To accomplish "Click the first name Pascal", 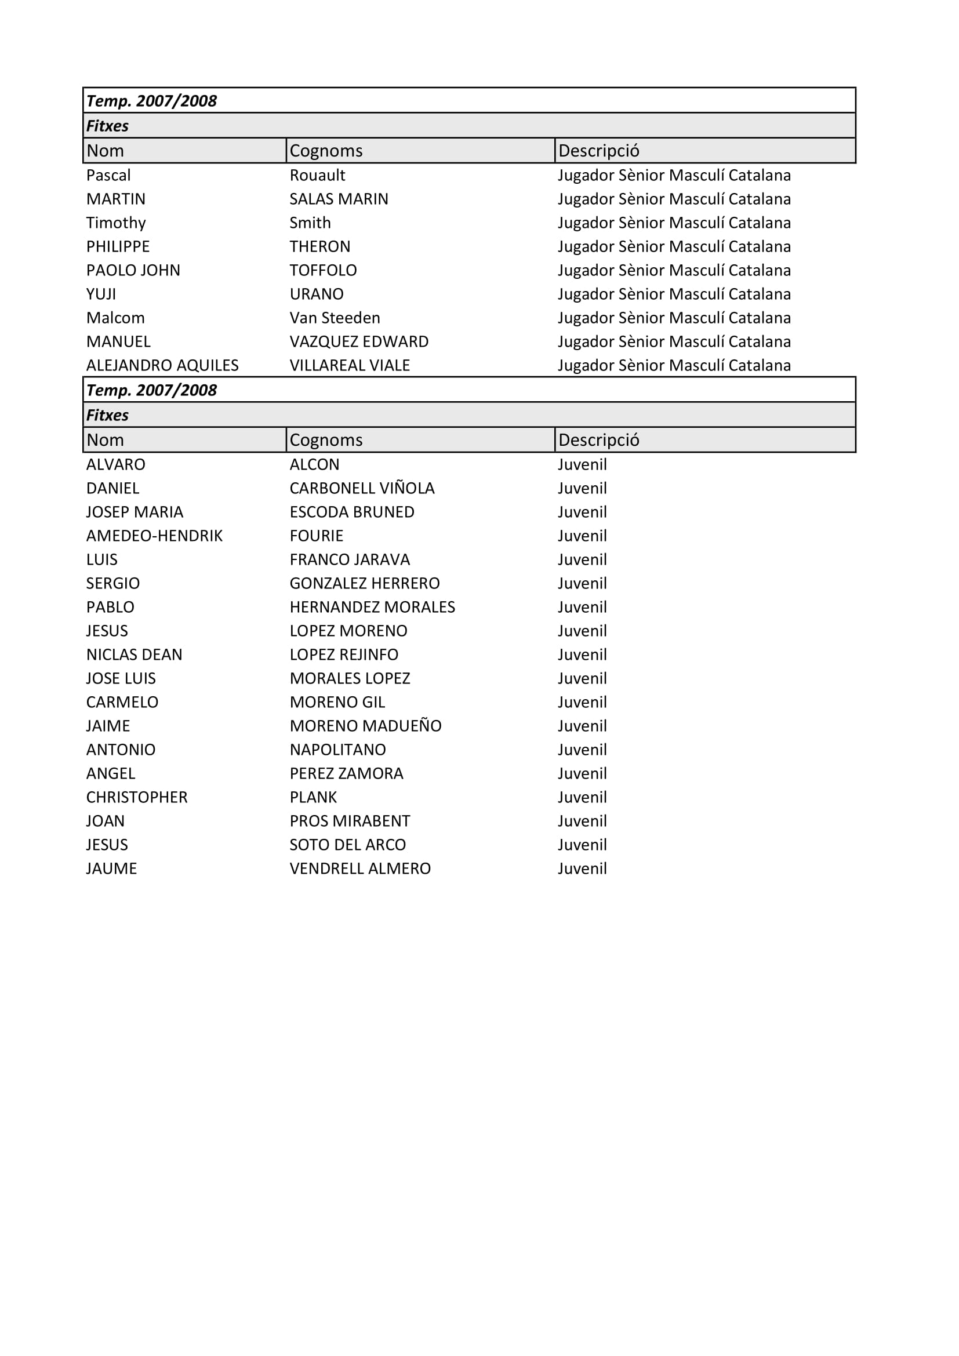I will click(x=108, y=176).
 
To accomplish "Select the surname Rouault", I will click(x=317, y=176).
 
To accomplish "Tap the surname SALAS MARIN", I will click(x=339, y=199).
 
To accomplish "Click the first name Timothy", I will click(x=116, y=223).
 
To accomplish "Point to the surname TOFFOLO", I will click(x=323, y=271).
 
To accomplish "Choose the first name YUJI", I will click(x=101, y=294).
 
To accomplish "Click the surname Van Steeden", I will click(x=334, y=318).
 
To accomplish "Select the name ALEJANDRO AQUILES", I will click(x=162, y=366).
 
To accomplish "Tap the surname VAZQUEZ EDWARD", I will click(x=358, y=341).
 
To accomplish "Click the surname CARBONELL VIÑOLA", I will click(x=361, y=488).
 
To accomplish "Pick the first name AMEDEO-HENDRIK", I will click(x=154, y=536).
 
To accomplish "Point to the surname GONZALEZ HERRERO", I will click(x=364, y=584).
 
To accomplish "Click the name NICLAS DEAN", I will click(x=134, y=655).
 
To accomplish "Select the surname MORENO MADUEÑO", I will click(x=365, y=726).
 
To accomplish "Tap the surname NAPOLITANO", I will click(x=337, y=750).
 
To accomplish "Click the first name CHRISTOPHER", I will click(x=136, y=797).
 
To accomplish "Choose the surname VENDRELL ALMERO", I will click(x=359, y=868).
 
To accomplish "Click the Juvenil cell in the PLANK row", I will click(x=582, y=797).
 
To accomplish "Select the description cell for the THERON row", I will click(x=674, y=247).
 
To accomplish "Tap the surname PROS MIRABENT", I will click(x=350, y=821).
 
